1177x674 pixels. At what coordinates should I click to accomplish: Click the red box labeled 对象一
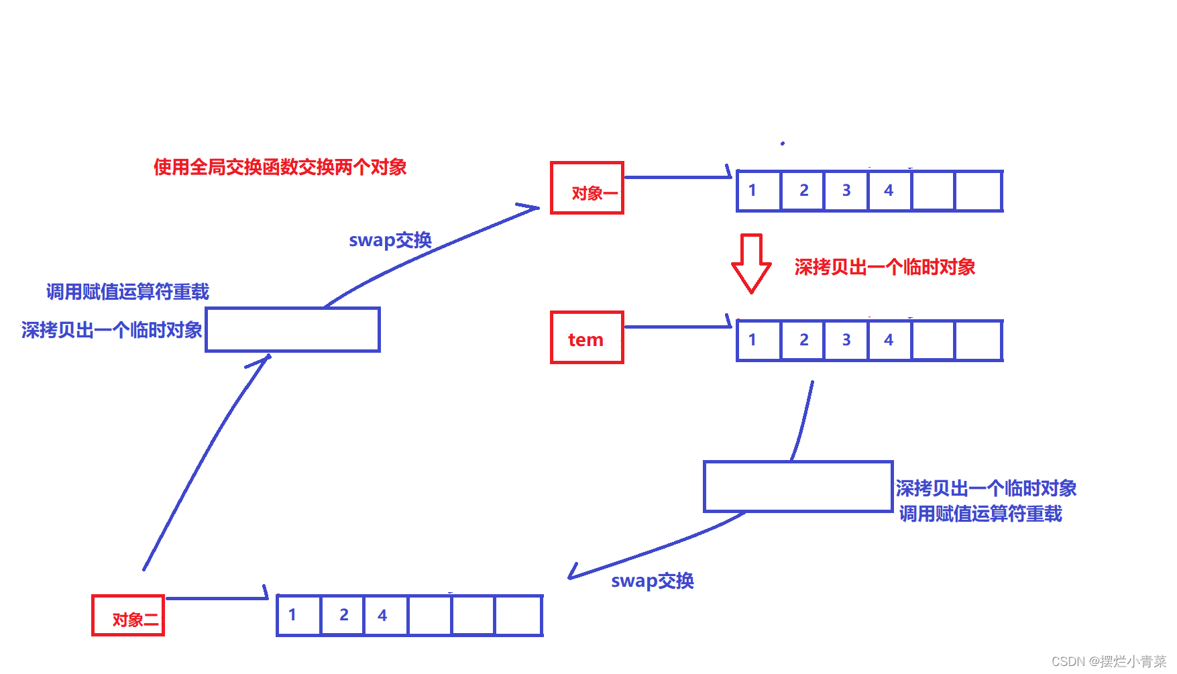(587, 188)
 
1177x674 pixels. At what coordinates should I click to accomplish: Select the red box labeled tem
(587, 338)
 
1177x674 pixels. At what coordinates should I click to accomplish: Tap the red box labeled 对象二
(128, 616)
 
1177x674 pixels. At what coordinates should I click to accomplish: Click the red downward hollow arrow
(751, 263)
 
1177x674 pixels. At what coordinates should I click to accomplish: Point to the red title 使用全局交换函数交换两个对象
(280, 167)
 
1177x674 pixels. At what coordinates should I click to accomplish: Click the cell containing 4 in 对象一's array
(889, 191)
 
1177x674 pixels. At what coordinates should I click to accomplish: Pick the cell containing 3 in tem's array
(846, 341)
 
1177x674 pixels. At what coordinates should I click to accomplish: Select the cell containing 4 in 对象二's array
(385, 616)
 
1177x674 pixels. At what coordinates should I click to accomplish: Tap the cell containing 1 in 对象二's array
(299, 616)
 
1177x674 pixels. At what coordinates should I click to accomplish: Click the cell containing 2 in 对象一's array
(803, 191)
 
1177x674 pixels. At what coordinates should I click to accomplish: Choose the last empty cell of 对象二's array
(518, 616)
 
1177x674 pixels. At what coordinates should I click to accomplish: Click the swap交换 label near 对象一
(390, 240)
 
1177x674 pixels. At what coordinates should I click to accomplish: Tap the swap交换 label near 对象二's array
(652, 581)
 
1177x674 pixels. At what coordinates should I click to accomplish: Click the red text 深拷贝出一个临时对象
(885, 268)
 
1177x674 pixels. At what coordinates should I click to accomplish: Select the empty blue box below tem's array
(798, 487)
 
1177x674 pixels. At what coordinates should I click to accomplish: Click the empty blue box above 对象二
(292, 330)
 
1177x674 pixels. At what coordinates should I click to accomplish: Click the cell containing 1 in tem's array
(759, 341)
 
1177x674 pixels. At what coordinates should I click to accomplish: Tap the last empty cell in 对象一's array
(978, 191)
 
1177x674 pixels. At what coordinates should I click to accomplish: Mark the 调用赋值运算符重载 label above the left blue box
(127, 292)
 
